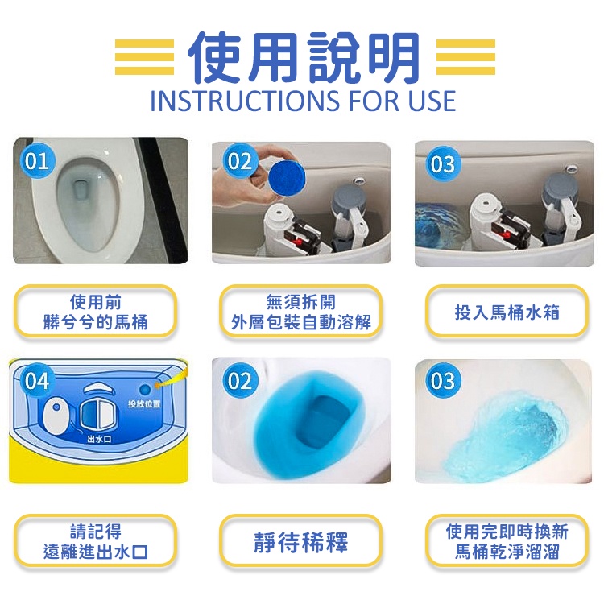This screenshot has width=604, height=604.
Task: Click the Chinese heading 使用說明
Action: point(303,58)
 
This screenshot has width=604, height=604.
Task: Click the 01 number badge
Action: point(37,160)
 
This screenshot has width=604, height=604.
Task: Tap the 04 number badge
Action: point(37,381)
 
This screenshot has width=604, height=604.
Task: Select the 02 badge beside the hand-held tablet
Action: point(240,160)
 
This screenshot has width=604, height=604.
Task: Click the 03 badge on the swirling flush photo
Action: point(443,381)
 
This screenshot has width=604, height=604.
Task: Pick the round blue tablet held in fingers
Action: point(287,178)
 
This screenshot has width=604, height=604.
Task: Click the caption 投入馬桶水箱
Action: point(507,312)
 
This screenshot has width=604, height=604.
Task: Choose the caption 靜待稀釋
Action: point(301,542)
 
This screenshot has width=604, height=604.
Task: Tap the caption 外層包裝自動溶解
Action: point(301,322)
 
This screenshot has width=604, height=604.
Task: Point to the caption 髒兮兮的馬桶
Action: point(96,322)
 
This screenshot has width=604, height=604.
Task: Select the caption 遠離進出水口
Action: point(96,552)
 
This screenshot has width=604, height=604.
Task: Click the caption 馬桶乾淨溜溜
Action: point(507,552)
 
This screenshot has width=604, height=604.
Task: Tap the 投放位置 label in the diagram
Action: point(144,403)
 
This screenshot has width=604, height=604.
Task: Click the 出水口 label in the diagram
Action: point(99,439)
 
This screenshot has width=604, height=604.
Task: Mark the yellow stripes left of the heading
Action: point(144,57)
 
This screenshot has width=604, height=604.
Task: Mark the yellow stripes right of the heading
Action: point(465,57)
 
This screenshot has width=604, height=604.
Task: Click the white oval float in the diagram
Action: point(56,415)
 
